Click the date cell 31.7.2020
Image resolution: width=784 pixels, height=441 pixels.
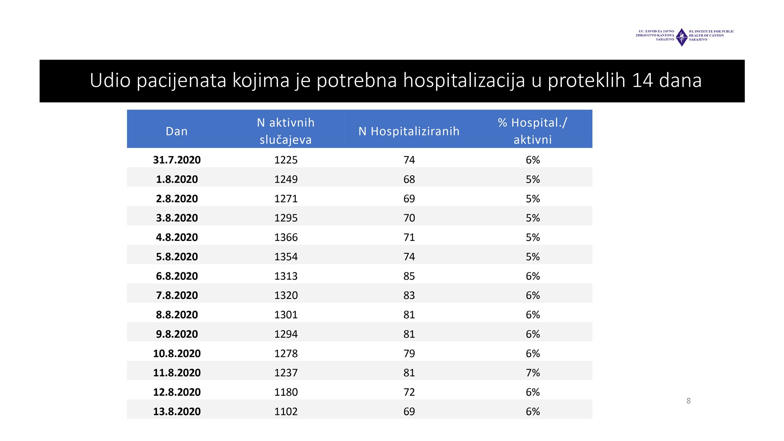click(x=177, y=160)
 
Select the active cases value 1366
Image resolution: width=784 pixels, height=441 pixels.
click(x=286, y=237)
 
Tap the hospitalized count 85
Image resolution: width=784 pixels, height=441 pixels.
click(x=409, y=276)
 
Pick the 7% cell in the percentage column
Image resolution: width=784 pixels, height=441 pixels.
click(x=533, y=373)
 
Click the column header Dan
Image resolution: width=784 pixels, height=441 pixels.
click(x=177, y=131)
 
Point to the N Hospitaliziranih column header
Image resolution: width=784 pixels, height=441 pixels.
click(x=409, y=131)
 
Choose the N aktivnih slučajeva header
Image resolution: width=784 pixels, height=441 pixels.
click(x=286, y=131)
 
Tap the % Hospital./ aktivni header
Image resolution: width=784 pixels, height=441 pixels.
click(x=532, y=131)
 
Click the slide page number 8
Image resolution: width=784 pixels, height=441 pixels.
click(x=688, y=401)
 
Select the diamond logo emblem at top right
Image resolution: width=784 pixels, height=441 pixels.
click(x=682, y=37)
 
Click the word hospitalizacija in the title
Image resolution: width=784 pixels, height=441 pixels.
click(x=464, y=80)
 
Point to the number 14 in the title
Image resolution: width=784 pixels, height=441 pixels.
click(x=642, y=80)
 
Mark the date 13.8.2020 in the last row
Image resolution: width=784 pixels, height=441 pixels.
click(x=177, y=411)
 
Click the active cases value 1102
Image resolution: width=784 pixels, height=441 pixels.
click(x=286, y=411)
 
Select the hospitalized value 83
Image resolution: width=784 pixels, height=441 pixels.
click(x=409, y=295)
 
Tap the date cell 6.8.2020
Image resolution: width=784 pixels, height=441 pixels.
click(x=177, y=276)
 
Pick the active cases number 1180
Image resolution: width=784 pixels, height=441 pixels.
click(x=286, y=392)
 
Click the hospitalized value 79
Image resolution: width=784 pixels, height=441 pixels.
click(x=409, y=353)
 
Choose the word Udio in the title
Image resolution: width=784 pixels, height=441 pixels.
click(x=110, y=80)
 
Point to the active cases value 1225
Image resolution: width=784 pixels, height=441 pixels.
click(x=286, y=160)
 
